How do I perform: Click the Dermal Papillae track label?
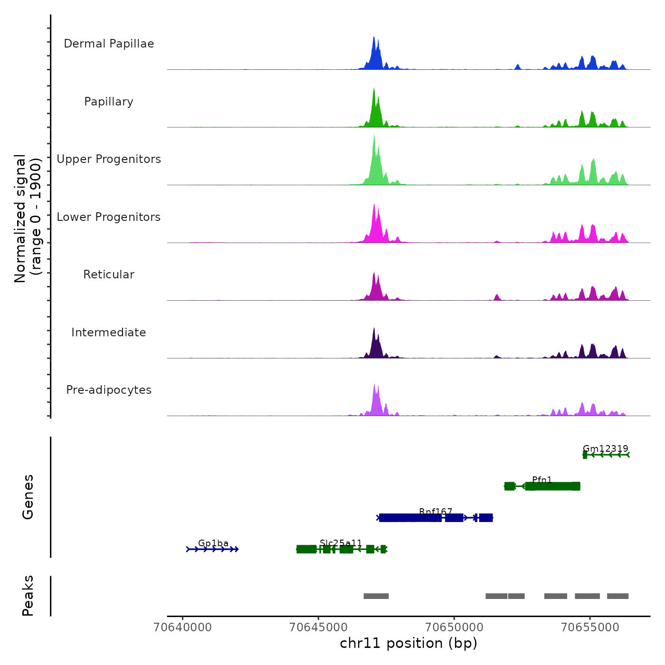109,44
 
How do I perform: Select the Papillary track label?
109,102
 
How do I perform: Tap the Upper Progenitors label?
109,159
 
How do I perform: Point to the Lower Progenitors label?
109,217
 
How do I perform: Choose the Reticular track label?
109,275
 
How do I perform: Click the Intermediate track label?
109,332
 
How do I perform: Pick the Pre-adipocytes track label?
109,390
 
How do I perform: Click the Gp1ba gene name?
213,543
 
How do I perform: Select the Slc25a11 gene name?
341,543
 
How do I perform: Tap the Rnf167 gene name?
436,512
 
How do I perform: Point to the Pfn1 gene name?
542,480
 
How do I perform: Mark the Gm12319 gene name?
606,449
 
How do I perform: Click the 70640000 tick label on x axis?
183,627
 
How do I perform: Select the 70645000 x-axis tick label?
319,627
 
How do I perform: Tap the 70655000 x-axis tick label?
590,627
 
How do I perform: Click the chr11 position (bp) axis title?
408,644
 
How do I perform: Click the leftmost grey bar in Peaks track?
376,596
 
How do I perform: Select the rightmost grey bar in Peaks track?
617,596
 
